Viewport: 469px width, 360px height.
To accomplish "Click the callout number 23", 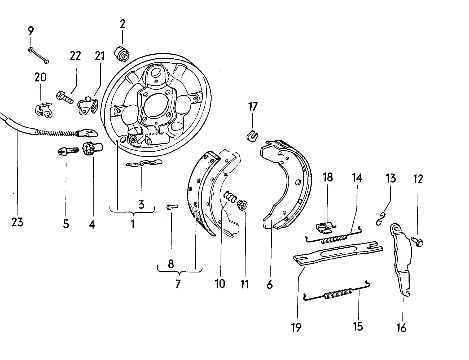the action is click(x=17, y=222).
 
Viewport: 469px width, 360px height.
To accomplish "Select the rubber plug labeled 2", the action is click(x=121, y=54).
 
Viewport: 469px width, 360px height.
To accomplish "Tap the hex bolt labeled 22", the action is click(x=64, y=98).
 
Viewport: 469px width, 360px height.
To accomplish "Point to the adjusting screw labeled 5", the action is click(x=68, y=151).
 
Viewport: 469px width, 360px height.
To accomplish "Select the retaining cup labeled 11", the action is click(x=242, y=205).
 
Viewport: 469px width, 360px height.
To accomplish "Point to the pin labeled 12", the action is click(x=417, y=241).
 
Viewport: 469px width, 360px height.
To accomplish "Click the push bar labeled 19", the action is click(x=338, y=253).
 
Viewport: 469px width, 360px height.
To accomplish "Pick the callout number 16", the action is click(x=401, y=328).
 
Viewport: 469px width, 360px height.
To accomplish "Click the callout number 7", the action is click(x=178, y=284).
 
